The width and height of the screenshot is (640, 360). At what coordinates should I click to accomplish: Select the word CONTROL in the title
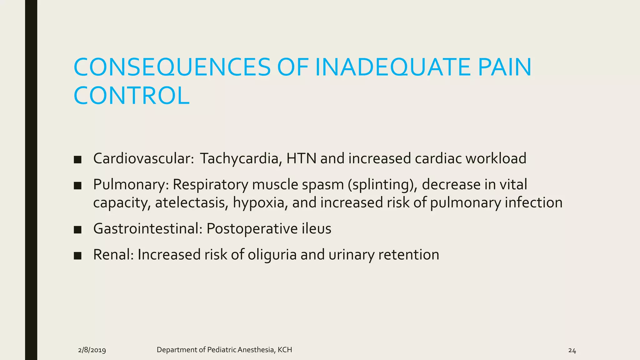(132, 96)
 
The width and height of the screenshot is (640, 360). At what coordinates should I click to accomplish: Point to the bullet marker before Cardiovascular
(77, 160)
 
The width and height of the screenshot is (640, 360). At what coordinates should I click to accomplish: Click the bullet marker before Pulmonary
(77, 186)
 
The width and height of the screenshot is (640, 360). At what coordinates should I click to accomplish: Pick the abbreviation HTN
(302, 158)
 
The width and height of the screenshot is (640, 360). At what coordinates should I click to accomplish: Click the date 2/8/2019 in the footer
(92, 350)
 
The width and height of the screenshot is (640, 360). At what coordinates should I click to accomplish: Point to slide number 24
(572, 351)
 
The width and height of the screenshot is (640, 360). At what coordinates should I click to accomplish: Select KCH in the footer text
(285, 350)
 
